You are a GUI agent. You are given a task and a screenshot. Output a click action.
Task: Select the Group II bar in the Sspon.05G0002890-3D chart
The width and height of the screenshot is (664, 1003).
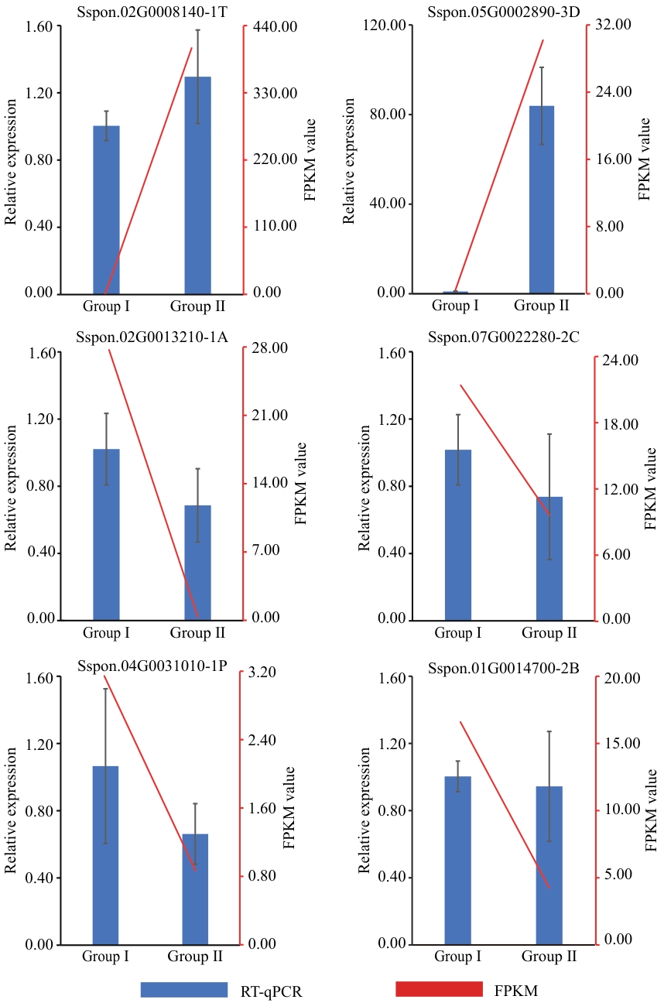[x=542, y=199]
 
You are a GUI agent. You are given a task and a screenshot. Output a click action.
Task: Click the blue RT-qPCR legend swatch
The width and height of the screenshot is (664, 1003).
[x=184, y=990]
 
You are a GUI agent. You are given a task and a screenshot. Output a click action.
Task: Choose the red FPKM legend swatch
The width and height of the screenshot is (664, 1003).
[x=439, y=990]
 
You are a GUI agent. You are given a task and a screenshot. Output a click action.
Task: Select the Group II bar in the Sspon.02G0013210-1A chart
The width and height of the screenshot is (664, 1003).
[x=197, y=562]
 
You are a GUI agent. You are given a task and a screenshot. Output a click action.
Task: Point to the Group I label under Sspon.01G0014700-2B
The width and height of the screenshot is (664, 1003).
[x=457, y=957]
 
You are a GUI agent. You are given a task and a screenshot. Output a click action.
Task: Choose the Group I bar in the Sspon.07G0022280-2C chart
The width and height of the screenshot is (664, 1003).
[x=458, y=534]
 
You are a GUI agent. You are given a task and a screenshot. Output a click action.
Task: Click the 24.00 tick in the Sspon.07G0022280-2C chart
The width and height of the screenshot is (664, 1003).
[x=621, y=360]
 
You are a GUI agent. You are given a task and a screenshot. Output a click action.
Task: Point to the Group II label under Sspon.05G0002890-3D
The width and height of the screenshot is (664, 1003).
[x=542, y=305]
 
